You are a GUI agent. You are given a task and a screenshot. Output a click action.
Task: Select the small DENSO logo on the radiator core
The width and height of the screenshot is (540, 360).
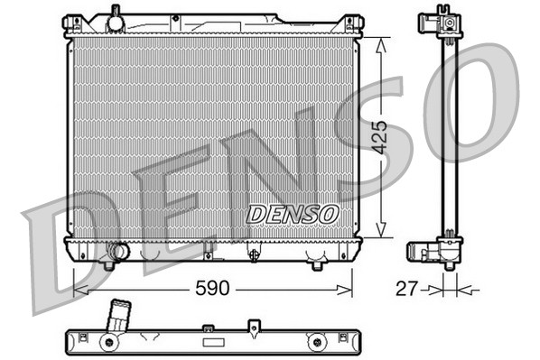[x=293, y=215]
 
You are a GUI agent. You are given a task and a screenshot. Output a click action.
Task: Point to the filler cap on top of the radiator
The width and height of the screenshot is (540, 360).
[x=114, y=16]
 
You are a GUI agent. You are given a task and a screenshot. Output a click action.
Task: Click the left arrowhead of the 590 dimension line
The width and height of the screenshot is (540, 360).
[x=78, y=290]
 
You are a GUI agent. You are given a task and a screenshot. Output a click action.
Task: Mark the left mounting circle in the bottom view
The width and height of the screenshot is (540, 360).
[x=108, y=342]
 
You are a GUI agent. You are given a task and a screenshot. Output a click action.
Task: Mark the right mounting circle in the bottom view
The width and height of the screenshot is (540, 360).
[x=316, y=342]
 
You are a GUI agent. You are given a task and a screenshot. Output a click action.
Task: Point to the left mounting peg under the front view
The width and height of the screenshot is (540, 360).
[x=108, y=265]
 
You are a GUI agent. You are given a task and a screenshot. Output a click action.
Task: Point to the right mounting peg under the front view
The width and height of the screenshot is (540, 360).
[x=317, y=265]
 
